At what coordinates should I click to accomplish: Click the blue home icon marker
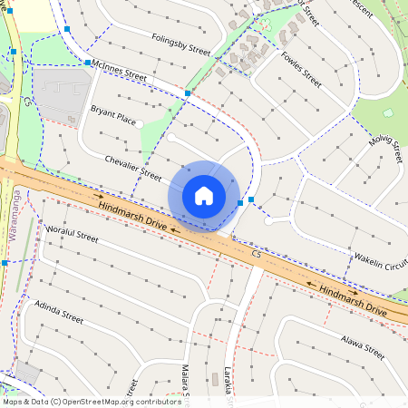pos(204,195)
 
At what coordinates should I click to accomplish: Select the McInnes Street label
pos(119,71)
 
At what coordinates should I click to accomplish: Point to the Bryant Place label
pos(112,115)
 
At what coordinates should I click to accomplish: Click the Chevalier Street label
pos(133,169)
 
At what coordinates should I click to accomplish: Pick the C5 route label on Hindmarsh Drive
pos(257,257)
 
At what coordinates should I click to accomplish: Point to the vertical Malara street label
pos(185,381)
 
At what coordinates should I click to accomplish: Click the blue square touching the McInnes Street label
pos(88,63)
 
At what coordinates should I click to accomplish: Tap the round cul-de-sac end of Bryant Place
pos(140,124)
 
